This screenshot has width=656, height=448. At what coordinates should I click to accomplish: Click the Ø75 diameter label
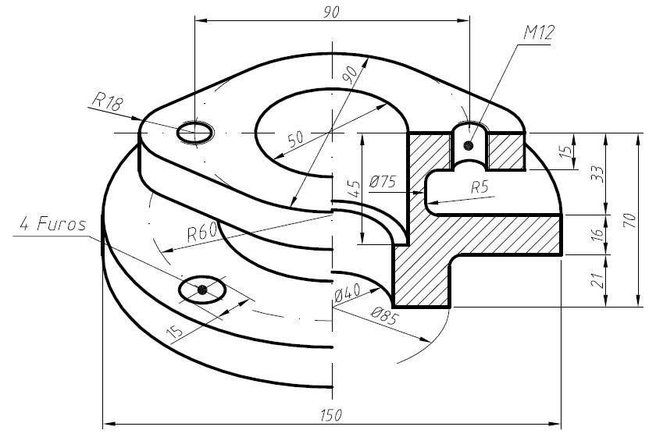click(x=382, y=182)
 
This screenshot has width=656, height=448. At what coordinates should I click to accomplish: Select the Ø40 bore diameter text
click(x=347, y=295)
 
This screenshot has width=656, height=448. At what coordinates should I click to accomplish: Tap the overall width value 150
click(x=331, y=414)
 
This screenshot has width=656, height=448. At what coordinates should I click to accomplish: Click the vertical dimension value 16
click(x=597, y=234)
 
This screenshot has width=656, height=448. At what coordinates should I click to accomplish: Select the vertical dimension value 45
click(x=353, y=188)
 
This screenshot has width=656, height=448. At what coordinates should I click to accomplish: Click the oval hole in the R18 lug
click(x=194, y=133)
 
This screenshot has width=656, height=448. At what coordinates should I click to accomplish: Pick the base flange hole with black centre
click(x=202, y=290)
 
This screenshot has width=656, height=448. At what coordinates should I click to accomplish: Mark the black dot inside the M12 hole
click(x=469, y=145)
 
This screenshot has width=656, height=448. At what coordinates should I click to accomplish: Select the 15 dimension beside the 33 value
click(x=565, y=151)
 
